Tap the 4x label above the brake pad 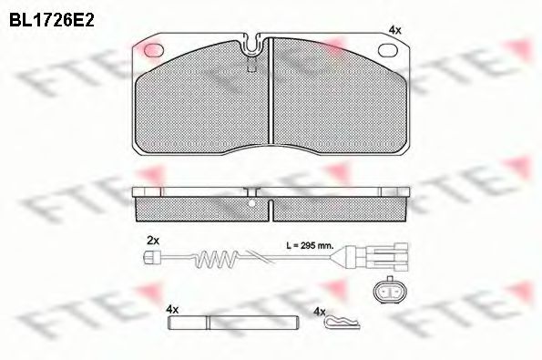point(394,30)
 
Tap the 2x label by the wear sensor point(153,240)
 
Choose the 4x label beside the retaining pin point(172,310)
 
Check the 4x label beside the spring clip point(318,311)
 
